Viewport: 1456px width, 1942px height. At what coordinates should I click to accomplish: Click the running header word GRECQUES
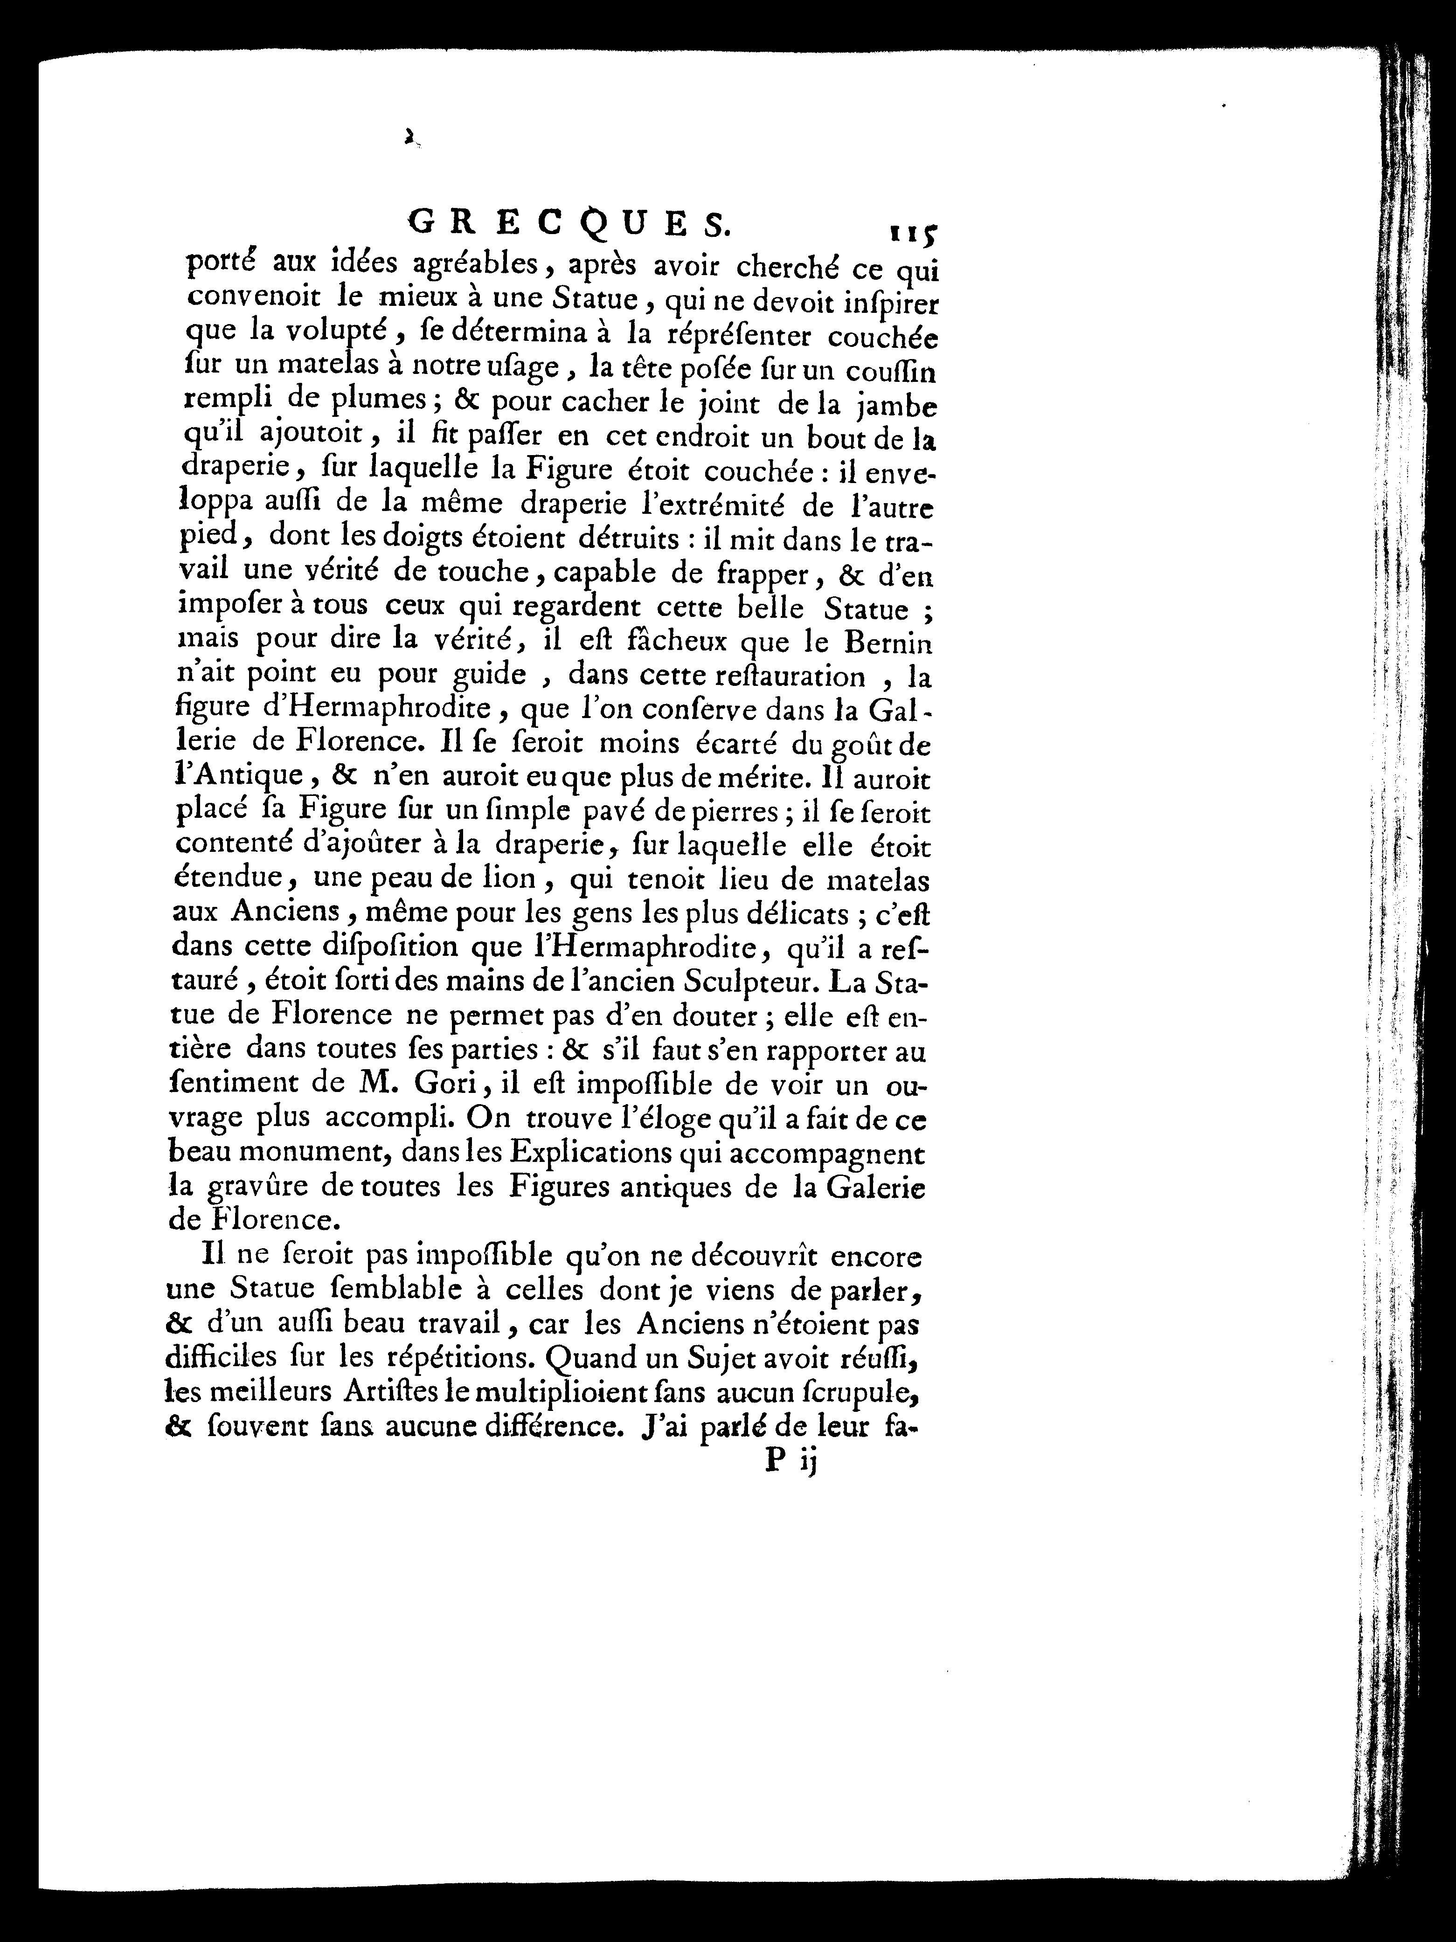[x=569, y=227]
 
